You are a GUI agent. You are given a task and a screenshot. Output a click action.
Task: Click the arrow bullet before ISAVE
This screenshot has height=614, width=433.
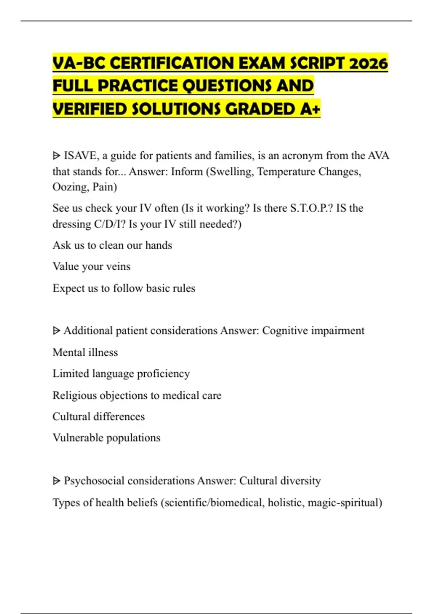[56, 156]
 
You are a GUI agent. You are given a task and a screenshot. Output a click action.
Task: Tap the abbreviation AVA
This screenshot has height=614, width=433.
[379, 156]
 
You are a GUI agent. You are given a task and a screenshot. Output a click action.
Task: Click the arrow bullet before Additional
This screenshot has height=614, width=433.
[56, 331]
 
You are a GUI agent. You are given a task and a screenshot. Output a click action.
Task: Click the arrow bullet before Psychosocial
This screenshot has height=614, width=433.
[56, 481]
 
